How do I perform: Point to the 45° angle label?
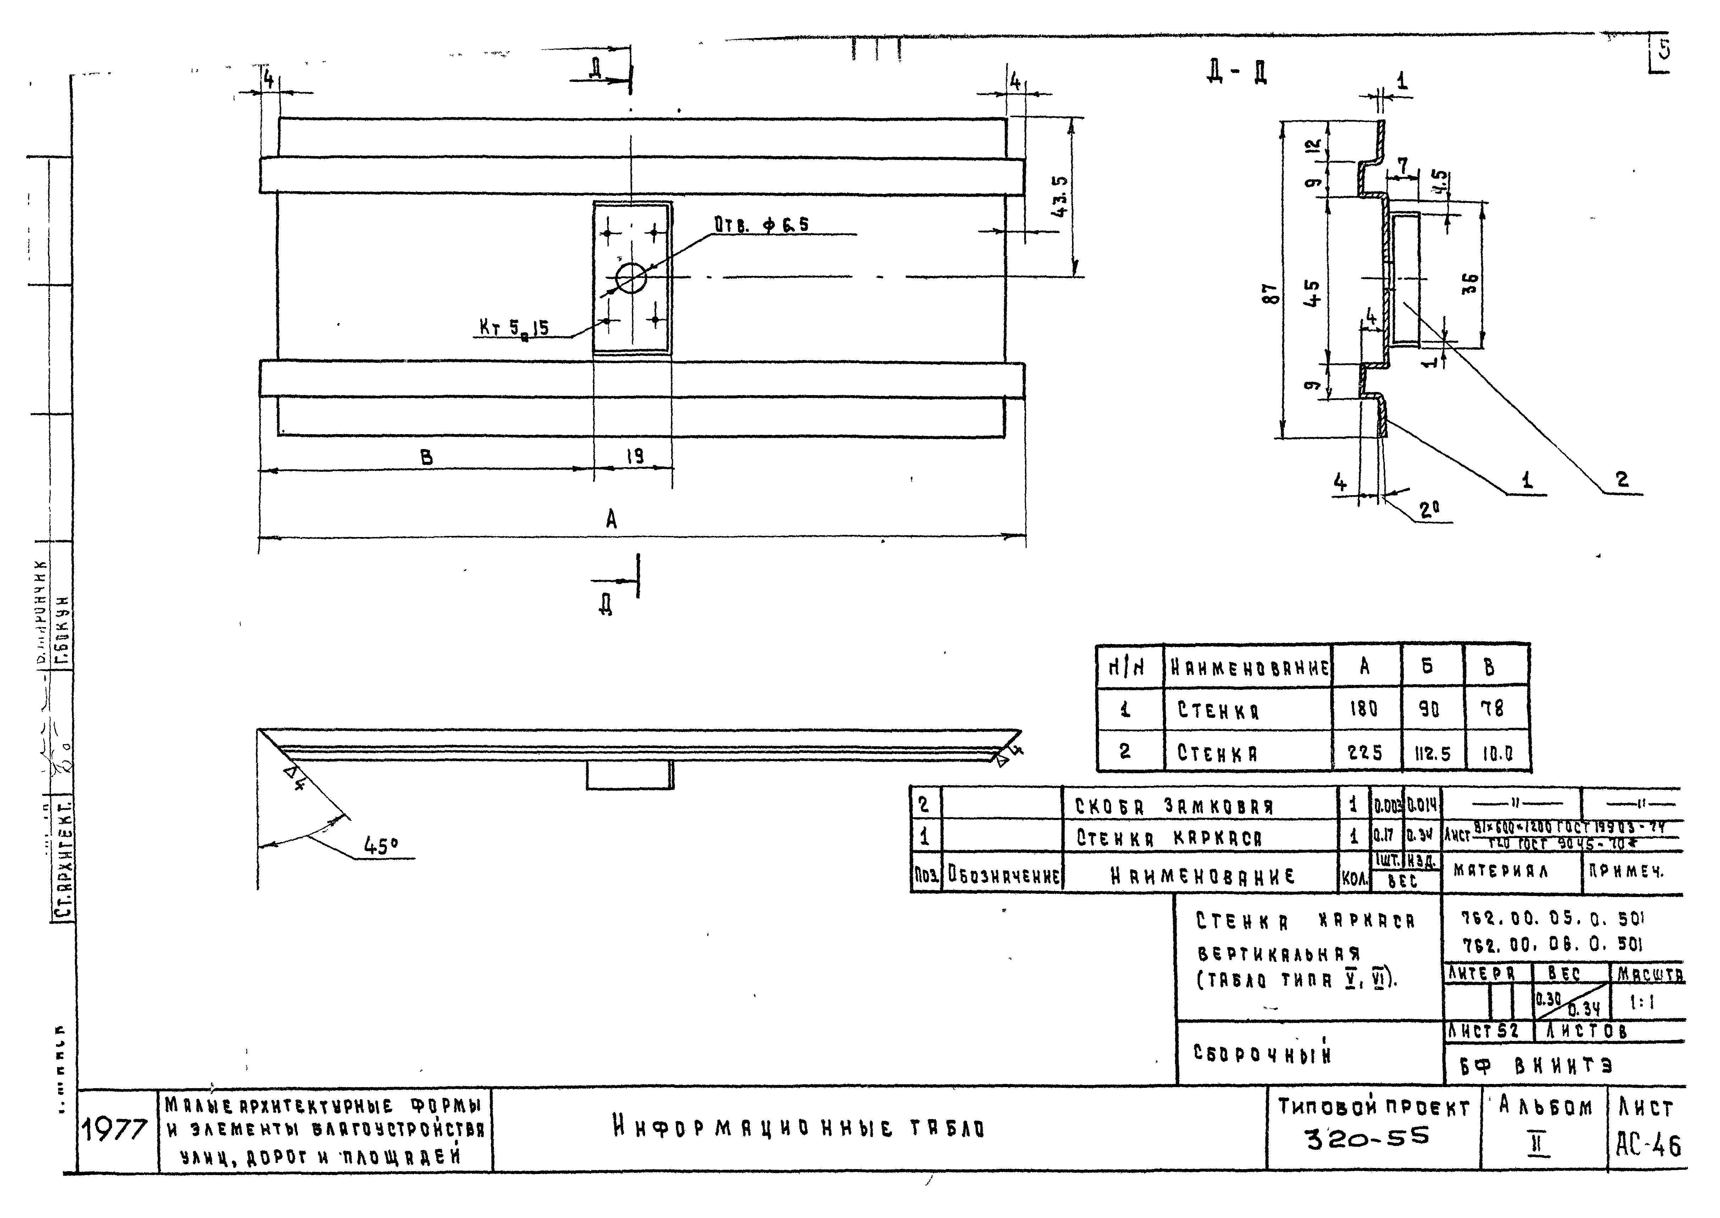(381, 846)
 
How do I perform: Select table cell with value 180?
(1364, 709)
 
